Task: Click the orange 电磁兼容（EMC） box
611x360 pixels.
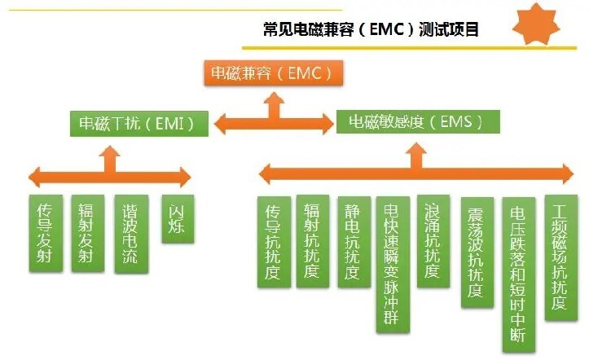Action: pos(273,72)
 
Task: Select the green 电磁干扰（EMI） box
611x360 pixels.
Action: pos(139,124)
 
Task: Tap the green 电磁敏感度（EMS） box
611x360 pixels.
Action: pos(418,121)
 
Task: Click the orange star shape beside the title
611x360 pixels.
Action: pos(536,24)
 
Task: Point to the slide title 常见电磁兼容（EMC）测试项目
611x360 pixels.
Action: pos(371,29)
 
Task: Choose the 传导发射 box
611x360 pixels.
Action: pos(46,233)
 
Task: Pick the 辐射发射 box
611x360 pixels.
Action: pos(88,233)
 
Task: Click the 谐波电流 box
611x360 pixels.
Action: pos(131,234)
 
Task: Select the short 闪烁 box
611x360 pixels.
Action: pos(178,219)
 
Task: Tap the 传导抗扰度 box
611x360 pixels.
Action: pos(274,242)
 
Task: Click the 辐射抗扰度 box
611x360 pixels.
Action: pos(313,242)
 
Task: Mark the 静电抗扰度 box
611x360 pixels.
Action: pos(354,242)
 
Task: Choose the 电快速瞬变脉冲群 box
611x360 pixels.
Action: pos(393,265)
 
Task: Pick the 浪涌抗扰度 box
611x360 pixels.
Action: pos(433,241)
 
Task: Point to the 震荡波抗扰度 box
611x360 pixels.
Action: pos(477,252)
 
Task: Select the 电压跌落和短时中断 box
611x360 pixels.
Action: pos(519,274)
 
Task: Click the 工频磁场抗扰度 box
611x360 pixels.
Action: pos(560,257)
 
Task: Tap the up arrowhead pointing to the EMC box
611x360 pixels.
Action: pos(274,99)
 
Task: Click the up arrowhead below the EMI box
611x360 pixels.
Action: pos(109,152)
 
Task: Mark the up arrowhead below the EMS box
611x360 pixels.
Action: pos(416,149)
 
